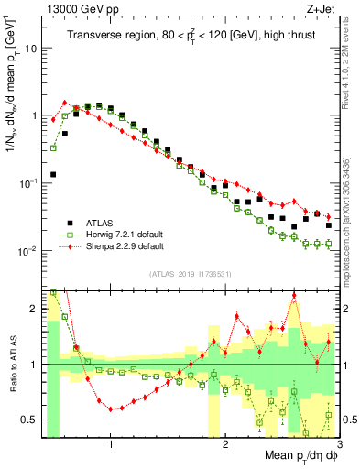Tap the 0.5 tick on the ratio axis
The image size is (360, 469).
coord(30,420)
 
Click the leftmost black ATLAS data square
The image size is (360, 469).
coord(53,173)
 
